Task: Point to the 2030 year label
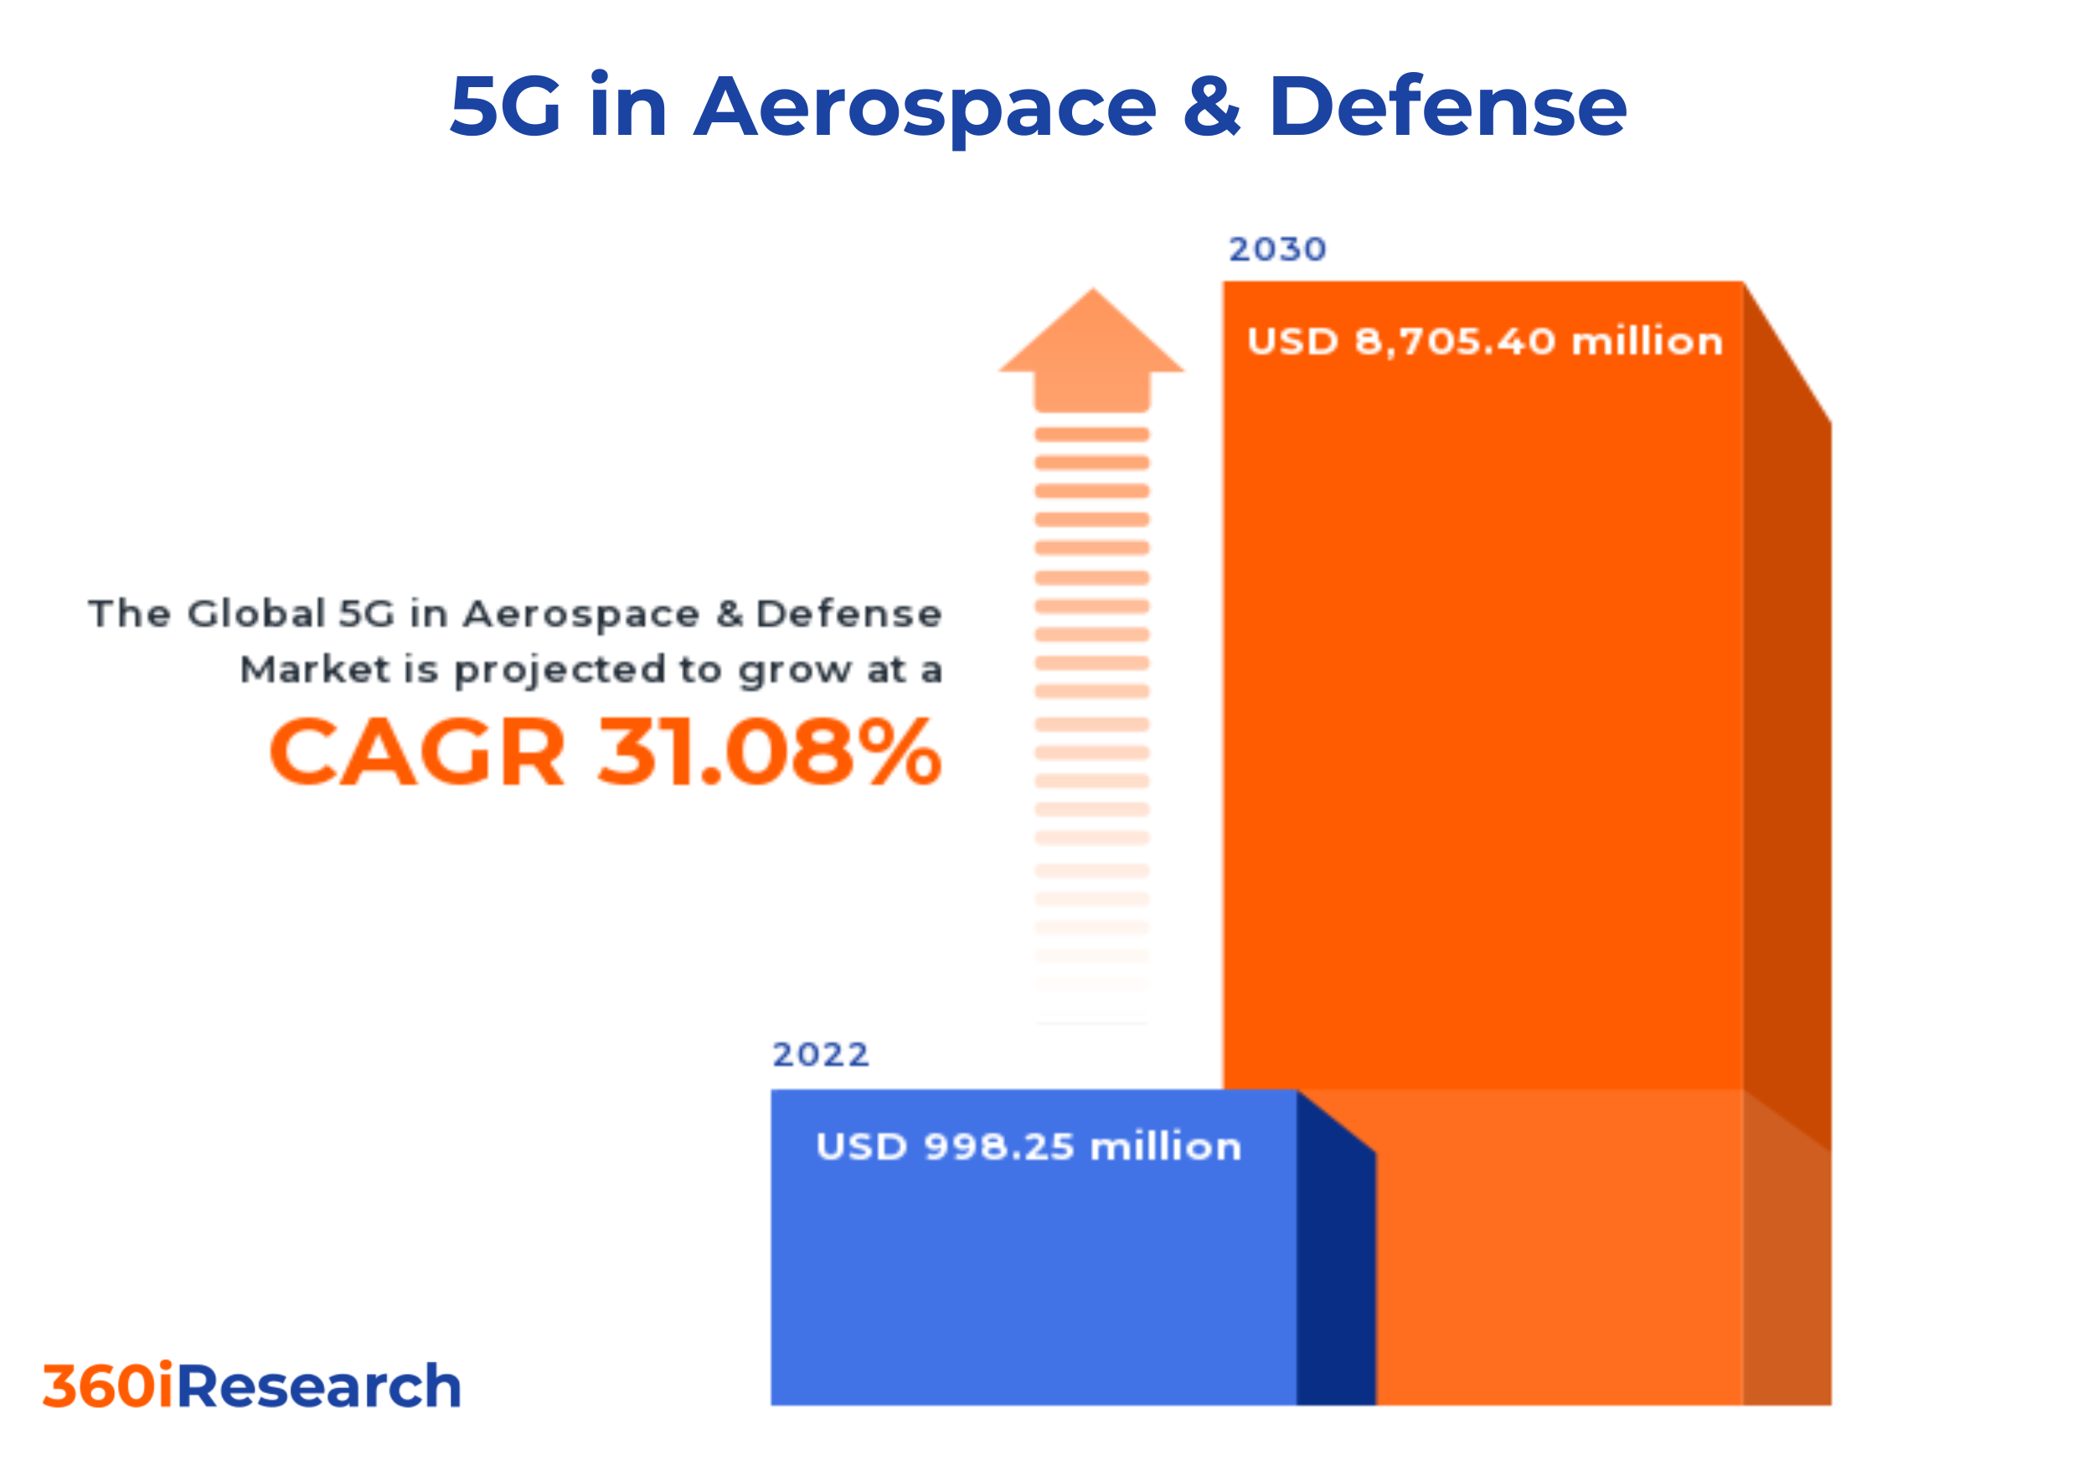(x=1277, y=249)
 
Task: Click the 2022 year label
(x=820, y=1055)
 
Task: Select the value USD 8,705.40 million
(x=1484, y=342)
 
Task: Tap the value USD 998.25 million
(x=1029, y=1147)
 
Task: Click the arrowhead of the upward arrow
(x=1092, y=335)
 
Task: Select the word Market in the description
(x=315, y=669)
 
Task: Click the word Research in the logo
(x=319, y=1386)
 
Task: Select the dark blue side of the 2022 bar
(x=1336, y=1266)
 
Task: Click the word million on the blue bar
(x=1166, y=1147)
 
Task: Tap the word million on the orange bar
(x=1647, y=342)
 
